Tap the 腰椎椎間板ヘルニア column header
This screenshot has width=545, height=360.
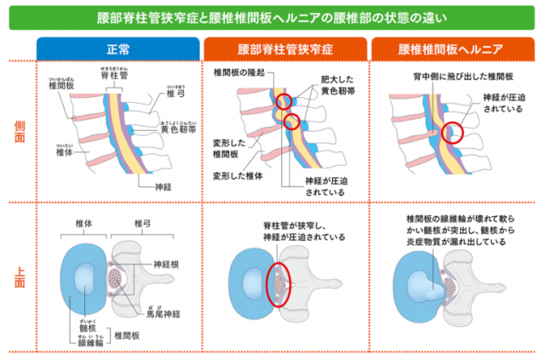pos(452,49)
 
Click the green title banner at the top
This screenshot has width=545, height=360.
pos(272,16)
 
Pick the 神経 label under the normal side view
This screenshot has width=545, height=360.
pos(164,186)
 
